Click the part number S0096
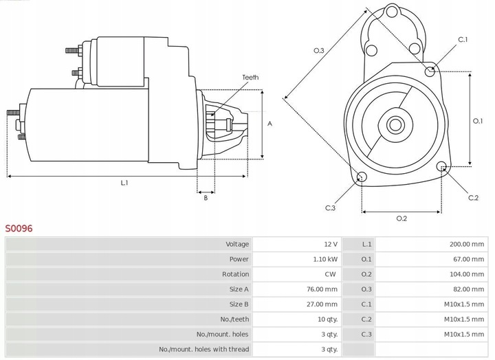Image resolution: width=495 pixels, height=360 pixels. [19, 227]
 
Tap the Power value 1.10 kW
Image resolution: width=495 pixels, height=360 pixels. [324, 259]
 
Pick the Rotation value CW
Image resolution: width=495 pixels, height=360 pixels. [331, 274]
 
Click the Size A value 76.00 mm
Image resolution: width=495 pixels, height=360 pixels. [322, 289]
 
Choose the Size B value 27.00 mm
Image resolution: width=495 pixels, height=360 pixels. [322, 304]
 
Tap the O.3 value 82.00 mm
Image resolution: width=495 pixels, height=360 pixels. [469, 289]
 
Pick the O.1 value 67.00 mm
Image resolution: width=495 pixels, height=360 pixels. [469, 259]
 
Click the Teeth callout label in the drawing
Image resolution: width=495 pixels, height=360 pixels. [250, 78]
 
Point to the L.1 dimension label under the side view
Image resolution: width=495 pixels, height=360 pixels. [124, 183]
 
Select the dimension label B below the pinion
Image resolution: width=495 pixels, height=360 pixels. [205, 199]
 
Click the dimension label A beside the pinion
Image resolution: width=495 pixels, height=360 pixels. [270, 124]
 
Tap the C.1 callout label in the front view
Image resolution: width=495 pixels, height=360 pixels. [463, 40]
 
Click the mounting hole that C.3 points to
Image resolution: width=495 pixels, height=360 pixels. [362, 178]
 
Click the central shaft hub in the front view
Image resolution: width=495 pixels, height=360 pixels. [395, 125]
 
